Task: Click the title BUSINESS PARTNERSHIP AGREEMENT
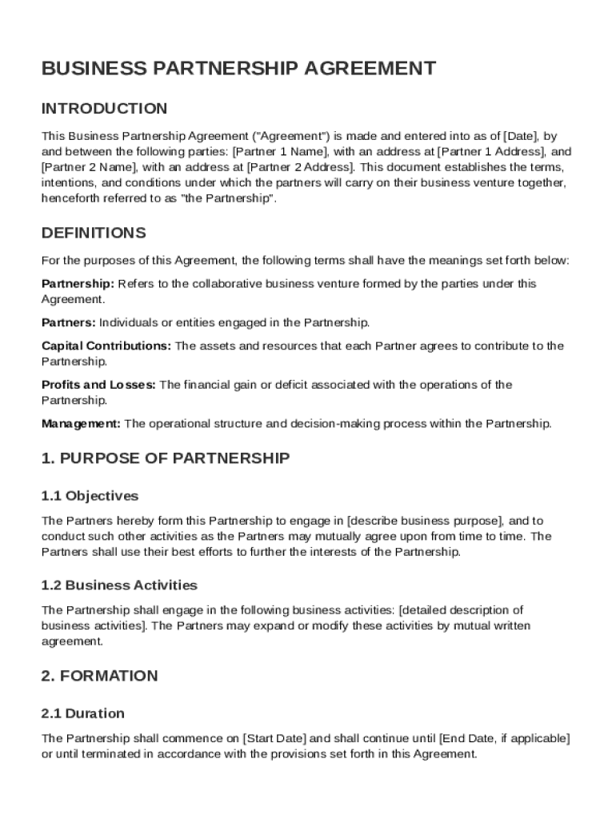238,69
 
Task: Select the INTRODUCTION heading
104,109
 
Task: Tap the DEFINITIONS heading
94,234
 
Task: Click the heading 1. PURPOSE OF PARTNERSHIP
166,458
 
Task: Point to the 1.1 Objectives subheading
90,496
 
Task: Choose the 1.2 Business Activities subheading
119,585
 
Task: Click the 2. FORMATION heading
100,676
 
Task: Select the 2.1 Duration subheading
83,713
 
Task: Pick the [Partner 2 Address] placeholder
300,167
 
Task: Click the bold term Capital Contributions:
106,346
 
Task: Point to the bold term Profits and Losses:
99,385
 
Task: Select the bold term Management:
82,424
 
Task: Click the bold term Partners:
69,323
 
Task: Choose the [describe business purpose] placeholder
425,521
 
